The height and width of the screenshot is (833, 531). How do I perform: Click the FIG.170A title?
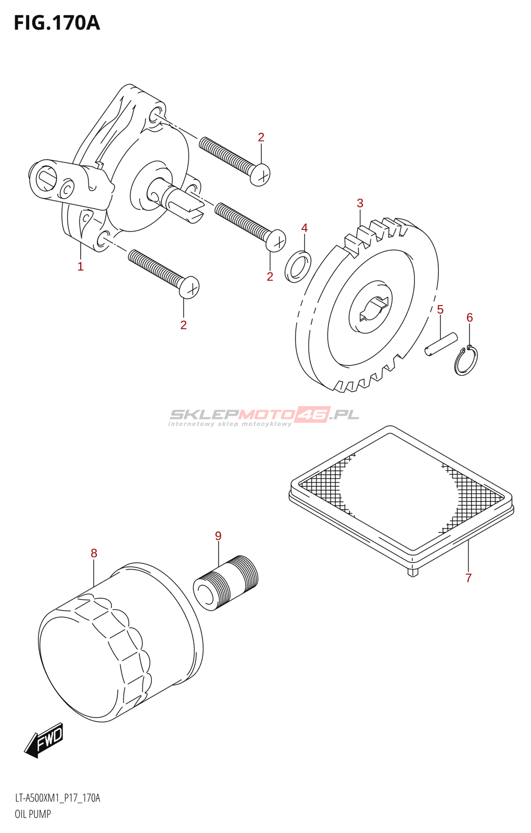coord(56,23)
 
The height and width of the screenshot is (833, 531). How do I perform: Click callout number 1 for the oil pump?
coord(80,267)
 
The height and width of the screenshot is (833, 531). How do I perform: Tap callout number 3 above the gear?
coord(360,203)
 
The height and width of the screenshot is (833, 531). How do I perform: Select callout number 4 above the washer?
coord(305,228)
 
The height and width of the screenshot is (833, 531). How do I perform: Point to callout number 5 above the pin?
coord(440,310)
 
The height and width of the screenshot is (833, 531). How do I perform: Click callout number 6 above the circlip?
coord(470,318)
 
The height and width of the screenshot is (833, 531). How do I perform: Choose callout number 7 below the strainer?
coord(469,578)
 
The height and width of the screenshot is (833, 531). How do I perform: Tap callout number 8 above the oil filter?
coord(94,553)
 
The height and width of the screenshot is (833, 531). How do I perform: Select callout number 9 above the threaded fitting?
coord(218,536)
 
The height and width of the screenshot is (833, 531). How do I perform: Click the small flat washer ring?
coord(298,266)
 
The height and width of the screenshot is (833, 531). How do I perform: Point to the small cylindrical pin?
coord(440,345)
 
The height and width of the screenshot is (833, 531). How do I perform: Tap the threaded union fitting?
coord(225,583)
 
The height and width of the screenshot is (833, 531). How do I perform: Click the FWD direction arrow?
coord(45,740)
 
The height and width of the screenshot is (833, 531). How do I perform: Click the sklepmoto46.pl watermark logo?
coord(264,415)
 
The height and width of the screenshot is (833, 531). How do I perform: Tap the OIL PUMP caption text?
coord(33,814)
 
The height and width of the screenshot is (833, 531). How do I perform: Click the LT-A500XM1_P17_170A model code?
coord(57,798)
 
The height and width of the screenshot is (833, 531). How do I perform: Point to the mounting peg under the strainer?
coord(413,572)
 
